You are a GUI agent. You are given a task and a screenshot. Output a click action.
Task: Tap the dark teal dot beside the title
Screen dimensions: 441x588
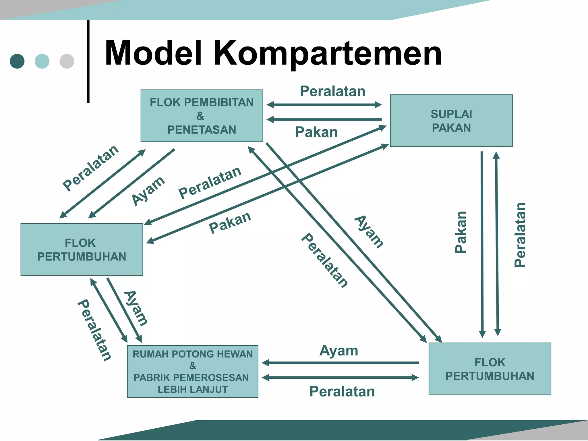click(17, 61)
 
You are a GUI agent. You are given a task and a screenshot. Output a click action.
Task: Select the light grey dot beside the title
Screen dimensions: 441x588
click(67, 61)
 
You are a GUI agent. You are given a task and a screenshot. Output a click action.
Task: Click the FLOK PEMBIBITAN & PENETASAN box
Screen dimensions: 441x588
click(202, 116)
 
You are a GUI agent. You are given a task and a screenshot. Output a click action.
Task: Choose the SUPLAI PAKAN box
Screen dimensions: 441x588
click(451, 121)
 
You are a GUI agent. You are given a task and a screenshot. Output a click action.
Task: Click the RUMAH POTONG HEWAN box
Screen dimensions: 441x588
click(192, 371)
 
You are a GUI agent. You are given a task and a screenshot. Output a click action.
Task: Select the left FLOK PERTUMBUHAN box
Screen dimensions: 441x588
click(82, 249)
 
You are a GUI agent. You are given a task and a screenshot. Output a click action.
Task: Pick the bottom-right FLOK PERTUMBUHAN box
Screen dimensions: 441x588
click(490, 369)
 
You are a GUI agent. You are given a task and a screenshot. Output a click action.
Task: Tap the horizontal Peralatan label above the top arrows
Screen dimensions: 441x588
click(332, 91)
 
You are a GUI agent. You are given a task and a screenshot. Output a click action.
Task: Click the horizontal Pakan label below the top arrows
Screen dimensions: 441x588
click(316, 132)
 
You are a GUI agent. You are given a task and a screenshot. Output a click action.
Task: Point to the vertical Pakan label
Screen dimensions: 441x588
click(461, 232)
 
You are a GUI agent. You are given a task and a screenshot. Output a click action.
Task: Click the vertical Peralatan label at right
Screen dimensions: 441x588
click(520, 235)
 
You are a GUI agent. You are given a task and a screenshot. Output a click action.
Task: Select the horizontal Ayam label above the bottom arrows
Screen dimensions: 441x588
click(339, 351)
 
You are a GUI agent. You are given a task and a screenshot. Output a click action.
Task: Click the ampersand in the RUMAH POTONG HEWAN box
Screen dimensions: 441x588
click(193, 366)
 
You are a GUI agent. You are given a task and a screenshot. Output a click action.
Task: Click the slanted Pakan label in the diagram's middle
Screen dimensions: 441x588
click(230, 223)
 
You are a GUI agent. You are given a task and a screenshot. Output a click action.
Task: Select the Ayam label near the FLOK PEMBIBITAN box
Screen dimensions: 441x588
click(148, 191)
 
